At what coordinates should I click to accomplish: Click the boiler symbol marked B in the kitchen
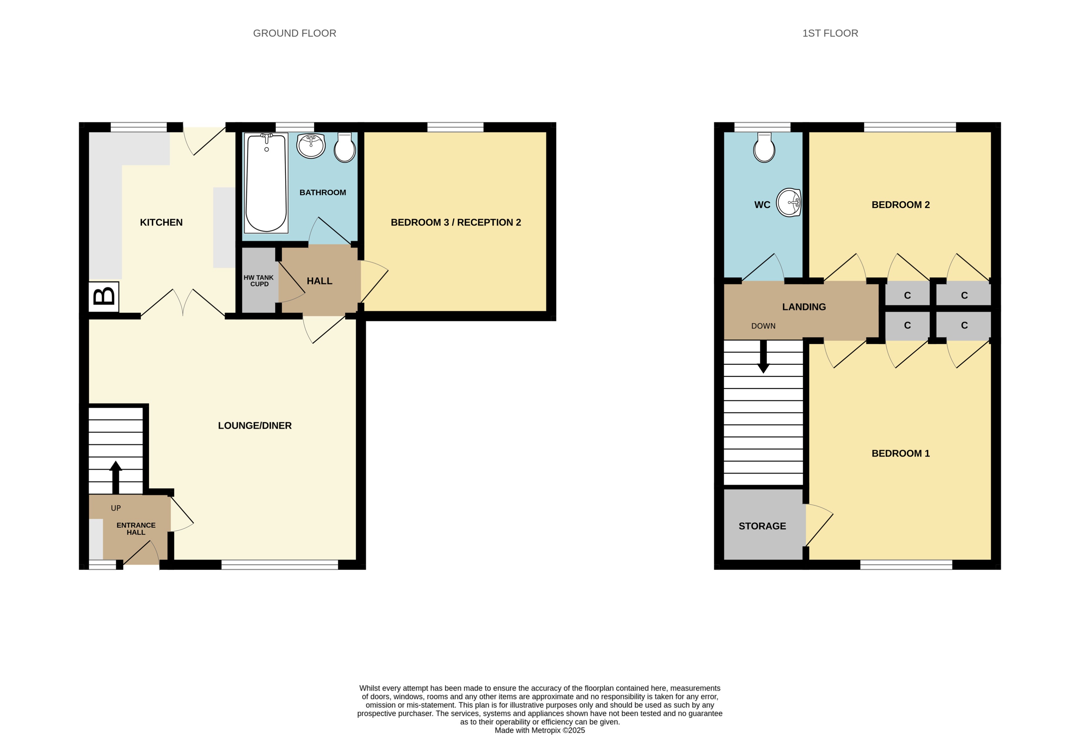point(104,296)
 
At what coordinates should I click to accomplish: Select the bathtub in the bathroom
point(266,183)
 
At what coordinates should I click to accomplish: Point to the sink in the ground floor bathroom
point(310,146)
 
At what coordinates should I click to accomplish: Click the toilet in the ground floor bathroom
point(344,148)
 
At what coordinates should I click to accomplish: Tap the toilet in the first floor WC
point(764,148)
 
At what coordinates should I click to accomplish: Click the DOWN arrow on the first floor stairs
point(763,357)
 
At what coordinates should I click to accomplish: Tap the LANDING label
point(804,307)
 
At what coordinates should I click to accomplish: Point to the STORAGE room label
point(762,526)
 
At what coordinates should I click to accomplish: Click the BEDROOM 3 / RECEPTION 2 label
point(455,222)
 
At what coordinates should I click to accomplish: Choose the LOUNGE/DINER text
point(255,426)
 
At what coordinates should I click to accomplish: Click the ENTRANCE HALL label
point(136,529)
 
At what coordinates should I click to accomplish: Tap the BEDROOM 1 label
point(900,453)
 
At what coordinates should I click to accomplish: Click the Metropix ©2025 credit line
point(539,730)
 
